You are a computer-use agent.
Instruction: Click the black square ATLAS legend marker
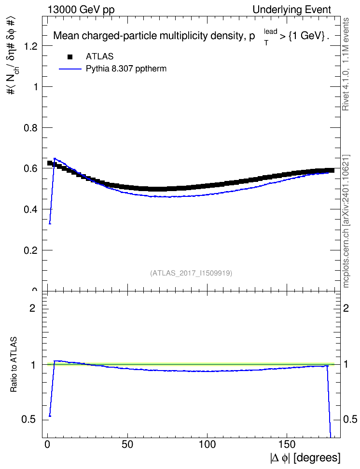click(70, 56)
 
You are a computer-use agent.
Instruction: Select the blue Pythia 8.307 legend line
click(70, 69)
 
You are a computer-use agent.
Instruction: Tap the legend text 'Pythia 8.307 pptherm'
click(126, 69)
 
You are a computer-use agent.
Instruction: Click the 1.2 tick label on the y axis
click(31, 46)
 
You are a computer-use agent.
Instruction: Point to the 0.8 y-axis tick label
click(31, 128)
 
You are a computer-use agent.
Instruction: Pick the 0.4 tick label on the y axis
click(31, 209)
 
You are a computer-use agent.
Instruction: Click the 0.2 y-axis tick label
click(31, 250)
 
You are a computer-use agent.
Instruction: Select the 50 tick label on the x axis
click(127, 444)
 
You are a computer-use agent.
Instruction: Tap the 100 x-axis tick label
click(207, 444)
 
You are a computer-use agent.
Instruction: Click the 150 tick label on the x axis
click(287, 444)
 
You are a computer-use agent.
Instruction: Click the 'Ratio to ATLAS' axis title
click(14, 365)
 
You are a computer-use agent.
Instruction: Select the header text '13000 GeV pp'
click(81, 10)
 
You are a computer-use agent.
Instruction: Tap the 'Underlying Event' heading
click(292, 10)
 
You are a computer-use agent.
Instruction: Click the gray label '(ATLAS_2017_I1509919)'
click(191, 273)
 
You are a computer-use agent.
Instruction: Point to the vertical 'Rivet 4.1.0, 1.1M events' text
click(346, 64)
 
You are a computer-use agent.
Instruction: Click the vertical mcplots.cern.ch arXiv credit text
click(346, 221)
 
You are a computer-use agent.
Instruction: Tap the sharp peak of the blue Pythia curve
click(55, 158)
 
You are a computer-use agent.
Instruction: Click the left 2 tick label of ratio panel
click(32, 308)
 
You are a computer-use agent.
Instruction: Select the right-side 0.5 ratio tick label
click(350, 420)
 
